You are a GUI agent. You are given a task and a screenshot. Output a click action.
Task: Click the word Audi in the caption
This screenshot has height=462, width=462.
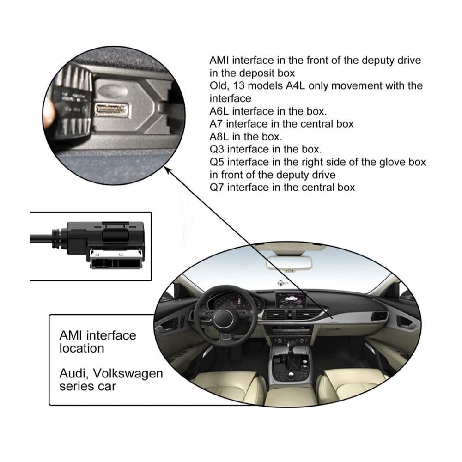(x=73, y=373)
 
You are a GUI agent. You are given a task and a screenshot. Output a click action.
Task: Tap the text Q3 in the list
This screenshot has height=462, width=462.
(x=217, y=149)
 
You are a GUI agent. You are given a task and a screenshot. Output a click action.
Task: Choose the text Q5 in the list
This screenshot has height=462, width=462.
(x=217, y=162)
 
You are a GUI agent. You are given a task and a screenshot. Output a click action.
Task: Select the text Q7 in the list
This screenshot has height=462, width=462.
(x=217, y=188)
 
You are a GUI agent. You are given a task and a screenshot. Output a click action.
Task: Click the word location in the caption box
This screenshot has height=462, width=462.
(x=81, y=348)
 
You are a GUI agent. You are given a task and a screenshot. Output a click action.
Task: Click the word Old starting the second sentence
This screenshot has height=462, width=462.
(x=217, y=86)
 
